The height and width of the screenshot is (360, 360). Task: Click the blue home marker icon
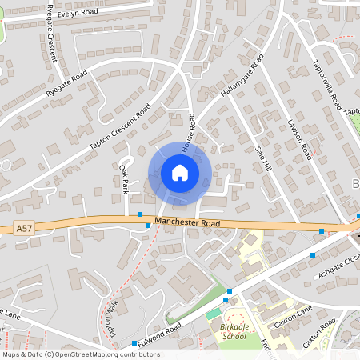click(x=180, y=173)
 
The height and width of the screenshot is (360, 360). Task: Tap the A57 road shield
click(x=25, y=229)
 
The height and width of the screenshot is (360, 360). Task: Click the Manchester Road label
click(x=188, y=223)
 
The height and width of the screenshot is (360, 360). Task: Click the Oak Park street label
click(x=124, y=180)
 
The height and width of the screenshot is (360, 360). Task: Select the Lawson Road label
click(x=298, y=139)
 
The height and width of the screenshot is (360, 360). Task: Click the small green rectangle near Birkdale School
click(x=212, y=314)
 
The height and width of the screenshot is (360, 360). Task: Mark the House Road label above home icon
click(x=189, y=132)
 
